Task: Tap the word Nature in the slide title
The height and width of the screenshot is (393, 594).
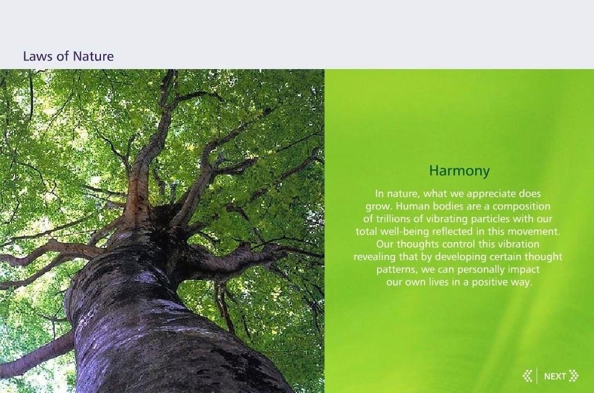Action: point(93,56)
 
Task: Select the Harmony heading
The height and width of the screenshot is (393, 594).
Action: point(459,171)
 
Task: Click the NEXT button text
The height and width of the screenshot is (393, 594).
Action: point(555,376)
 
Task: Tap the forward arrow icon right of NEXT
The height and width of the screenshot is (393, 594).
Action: point(574,376)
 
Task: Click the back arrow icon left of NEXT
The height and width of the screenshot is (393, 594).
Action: point(527,376)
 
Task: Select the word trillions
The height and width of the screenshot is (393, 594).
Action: point(394,219)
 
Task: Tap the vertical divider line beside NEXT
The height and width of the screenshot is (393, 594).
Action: point(537,376)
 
